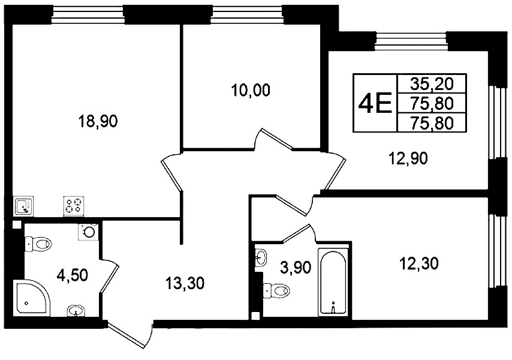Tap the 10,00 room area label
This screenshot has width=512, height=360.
[x=251, y=90]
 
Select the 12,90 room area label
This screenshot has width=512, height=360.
[x=408, y=159]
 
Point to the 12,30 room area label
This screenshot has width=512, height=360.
[x=418, y=263]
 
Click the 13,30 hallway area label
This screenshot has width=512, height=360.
[x=185, y=283]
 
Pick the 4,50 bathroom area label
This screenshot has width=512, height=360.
[x=72, y=275]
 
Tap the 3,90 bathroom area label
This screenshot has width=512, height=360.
[x=296, y=268]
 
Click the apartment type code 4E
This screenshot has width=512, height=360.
[x=375, y=103]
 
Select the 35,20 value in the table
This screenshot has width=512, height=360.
[x=432, y=84]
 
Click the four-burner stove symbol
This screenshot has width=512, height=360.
[x=74, y=206]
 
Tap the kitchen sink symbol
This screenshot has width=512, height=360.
[x=24, y=206]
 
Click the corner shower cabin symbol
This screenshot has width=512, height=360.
[x=31, y=298]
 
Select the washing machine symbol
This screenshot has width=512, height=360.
[x=88, y=232]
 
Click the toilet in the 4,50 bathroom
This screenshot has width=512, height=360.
[x=38, y=244]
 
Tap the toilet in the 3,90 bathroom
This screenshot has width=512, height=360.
[x=276, y=290]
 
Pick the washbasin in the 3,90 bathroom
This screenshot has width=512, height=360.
[x=261, y=257]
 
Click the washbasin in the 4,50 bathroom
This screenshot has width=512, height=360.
[x=76, y=311]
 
